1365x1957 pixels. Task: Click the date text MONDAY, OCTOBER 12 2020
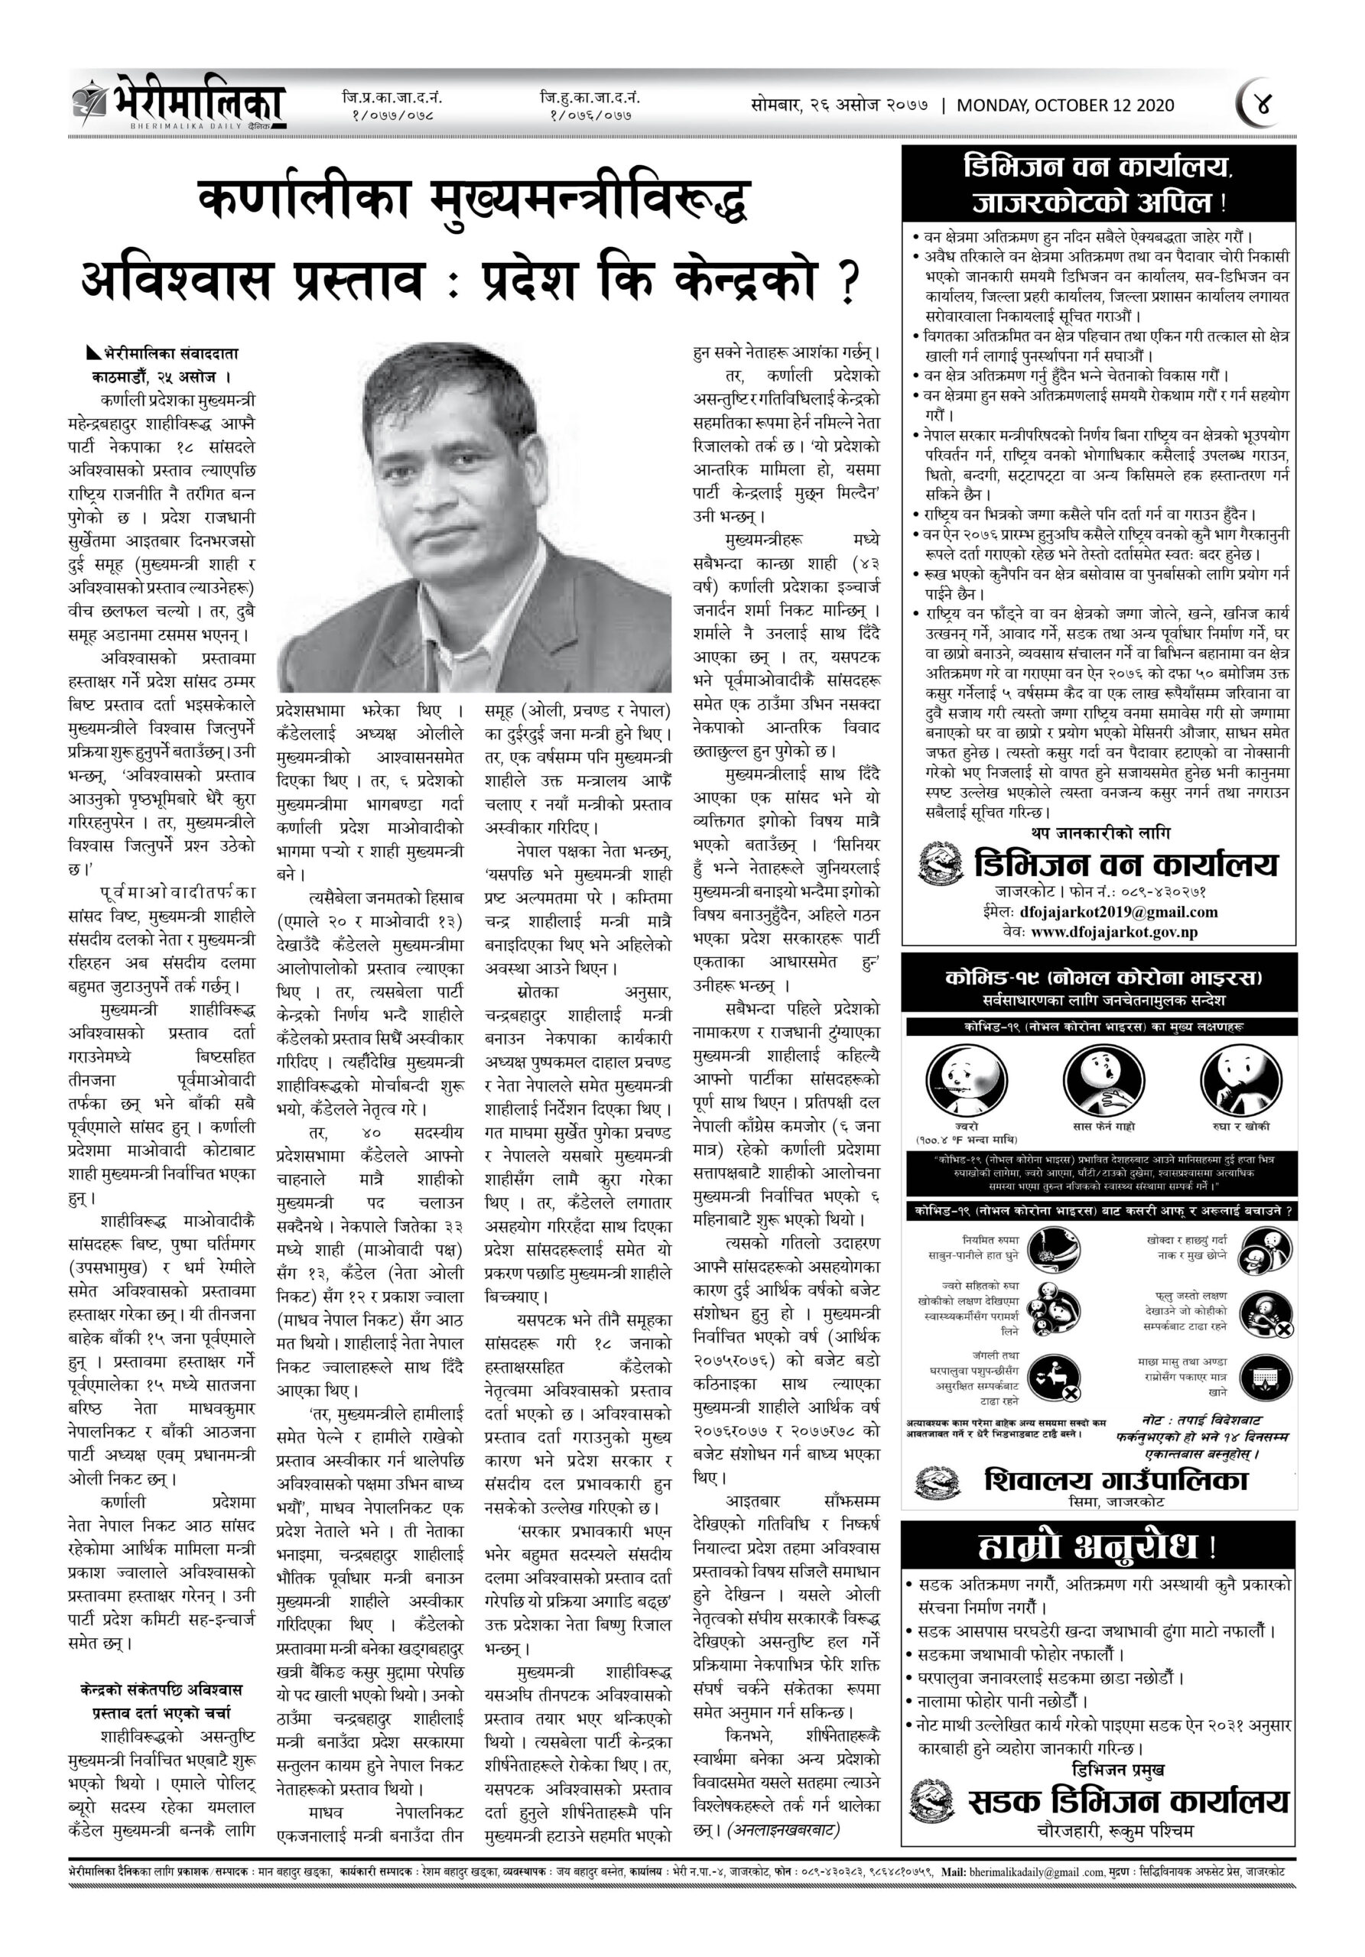click(1065, 105)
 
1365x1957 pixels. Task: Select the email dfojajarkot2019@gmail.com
click(1118, 912)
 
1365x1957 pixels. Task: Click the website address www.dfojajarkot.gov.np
click(1113, 932)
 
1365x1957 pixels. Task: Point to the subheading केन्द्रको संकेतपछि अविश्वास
click(161, 1689)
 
